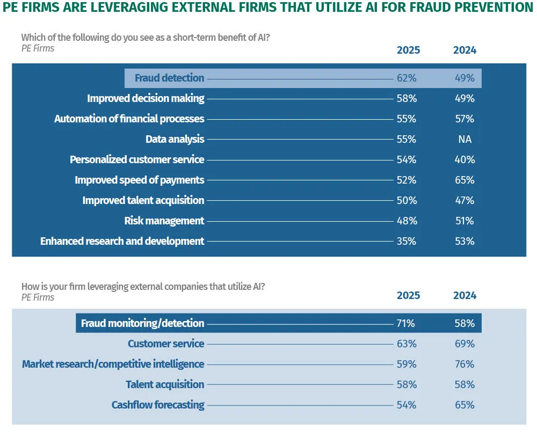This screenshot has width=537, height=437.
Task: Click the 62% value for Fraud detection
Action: tap(407, 78)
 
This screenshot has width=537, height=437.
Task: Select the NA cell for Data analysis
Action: tap(465, 139)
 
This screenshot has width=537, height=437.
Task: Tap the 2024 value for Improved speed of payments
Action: tap(465, 180)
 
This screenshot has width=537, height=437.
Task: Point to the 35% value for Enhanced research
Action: tap(407, 241)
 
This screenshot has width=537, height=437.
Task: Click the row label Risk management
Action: tap(164, 221)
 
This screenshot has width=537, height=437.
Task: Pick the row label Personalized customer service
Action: tap(137, 159)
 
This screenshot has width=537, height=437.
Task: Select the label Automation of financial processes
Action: tap(129, 119)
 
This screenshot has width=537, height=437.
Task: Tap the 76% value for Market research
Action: tap(465, 364)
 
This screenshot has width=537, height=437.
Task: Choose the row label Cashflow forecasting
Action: tap(158, 405)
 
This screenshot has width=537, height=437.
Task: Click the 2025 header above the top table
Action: tap(408, 50)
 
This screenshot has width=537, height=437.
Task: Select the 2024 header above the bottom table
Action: tap(465, 295)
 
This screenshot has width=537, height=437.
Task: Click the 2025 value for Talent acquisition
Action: tap(407, 384)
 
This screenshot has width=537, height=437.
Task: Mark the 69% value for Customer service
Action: tap(465, 344)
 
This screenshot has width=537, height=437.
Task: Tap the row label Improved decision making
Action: tap(146, 98)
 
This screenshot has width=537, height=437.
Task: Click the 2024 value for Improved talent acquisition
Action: tap(465, 200)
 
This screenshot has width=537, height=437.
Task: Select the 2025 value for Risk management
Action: tap(407, 221)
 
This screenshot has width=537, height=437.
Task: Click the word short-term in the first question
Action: tap(156, 38)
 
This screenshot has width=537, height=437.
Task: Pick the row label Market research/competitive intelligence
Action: tap(113, 364)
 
